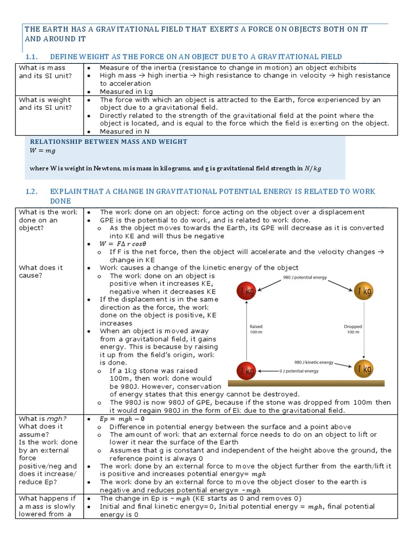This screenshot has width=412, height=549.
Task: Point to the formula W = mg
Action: coord(43,151)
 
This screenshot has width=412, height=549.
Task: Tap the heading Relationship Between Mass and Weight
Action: coord(108,142)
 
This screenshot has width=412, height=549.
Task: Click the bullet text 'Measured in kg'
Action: coord(124,92)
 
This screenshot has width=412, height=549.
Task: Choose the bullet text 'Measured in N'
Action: coord(124,131)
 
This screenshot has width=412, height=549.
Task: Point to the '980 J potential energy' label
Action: coord(305,278)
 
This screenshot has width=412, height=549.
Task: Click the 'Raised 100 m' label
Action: coord(256,329)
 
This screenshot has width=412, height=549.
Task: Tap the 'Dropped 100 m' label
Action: coord(352,329)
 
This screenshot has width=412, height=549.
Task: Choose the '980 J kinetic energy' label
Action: coord(314,362)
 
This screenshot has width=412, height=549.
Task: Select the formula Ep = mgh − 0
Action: coord(123,419)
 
